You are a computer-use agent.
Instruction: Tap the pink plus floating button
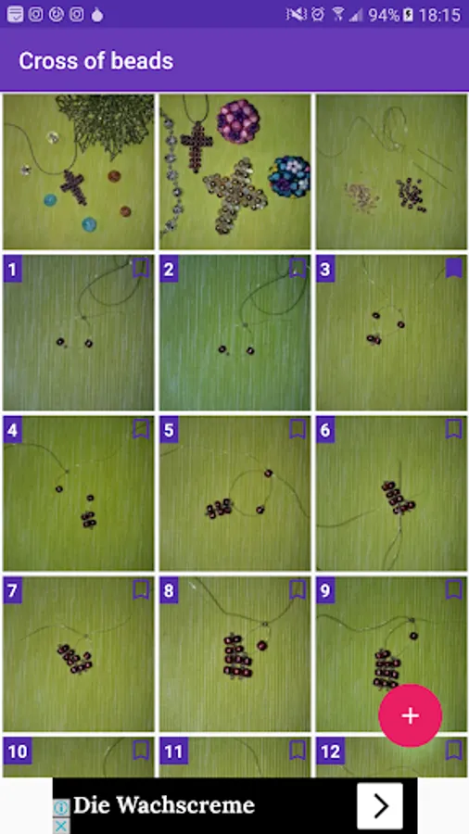click(410, 715)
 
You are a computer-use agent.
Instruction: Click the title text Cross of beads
click(95, 61)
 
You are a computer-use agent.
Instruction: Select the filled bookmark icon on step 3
click(453, 269)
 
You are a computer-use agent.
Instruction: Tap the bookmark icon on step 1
click(140, 269)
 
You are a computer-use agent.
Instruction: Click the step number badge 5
click(169, 430)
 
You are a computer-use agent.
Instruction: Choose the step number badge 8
click(169, 591)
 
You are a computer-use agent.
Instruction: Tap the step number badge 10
click(17, 752)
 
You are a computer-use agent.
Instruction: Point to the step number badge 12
click(330, 752)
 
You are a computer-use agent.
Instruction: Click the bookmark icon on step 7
click(140, 590)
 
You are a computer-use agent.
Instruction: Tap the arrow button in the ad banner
click(380, 806)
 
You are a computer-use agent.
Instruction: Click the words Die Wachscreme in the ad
click(164, 805)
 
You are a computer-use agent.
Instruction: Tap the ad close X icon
click(61, 826)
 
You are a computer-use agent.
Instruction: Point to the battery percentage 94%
click(384, 15)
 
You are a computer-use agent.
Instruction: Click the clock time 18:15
click(439, 15)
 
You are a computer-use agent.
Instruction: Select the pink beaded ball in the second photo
click(237, 121)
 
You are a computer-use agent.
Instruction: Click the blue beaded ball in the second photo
click(289, 176)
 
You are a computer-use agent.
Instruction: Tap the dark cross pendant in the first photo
click(73, 187)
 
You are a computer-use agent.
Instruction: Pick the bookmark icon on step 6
click(453, 429)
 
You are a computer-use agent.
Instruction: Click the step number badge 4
click(13, 430)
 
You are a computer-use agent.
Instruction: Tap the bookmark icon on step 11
click(298, 751)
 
